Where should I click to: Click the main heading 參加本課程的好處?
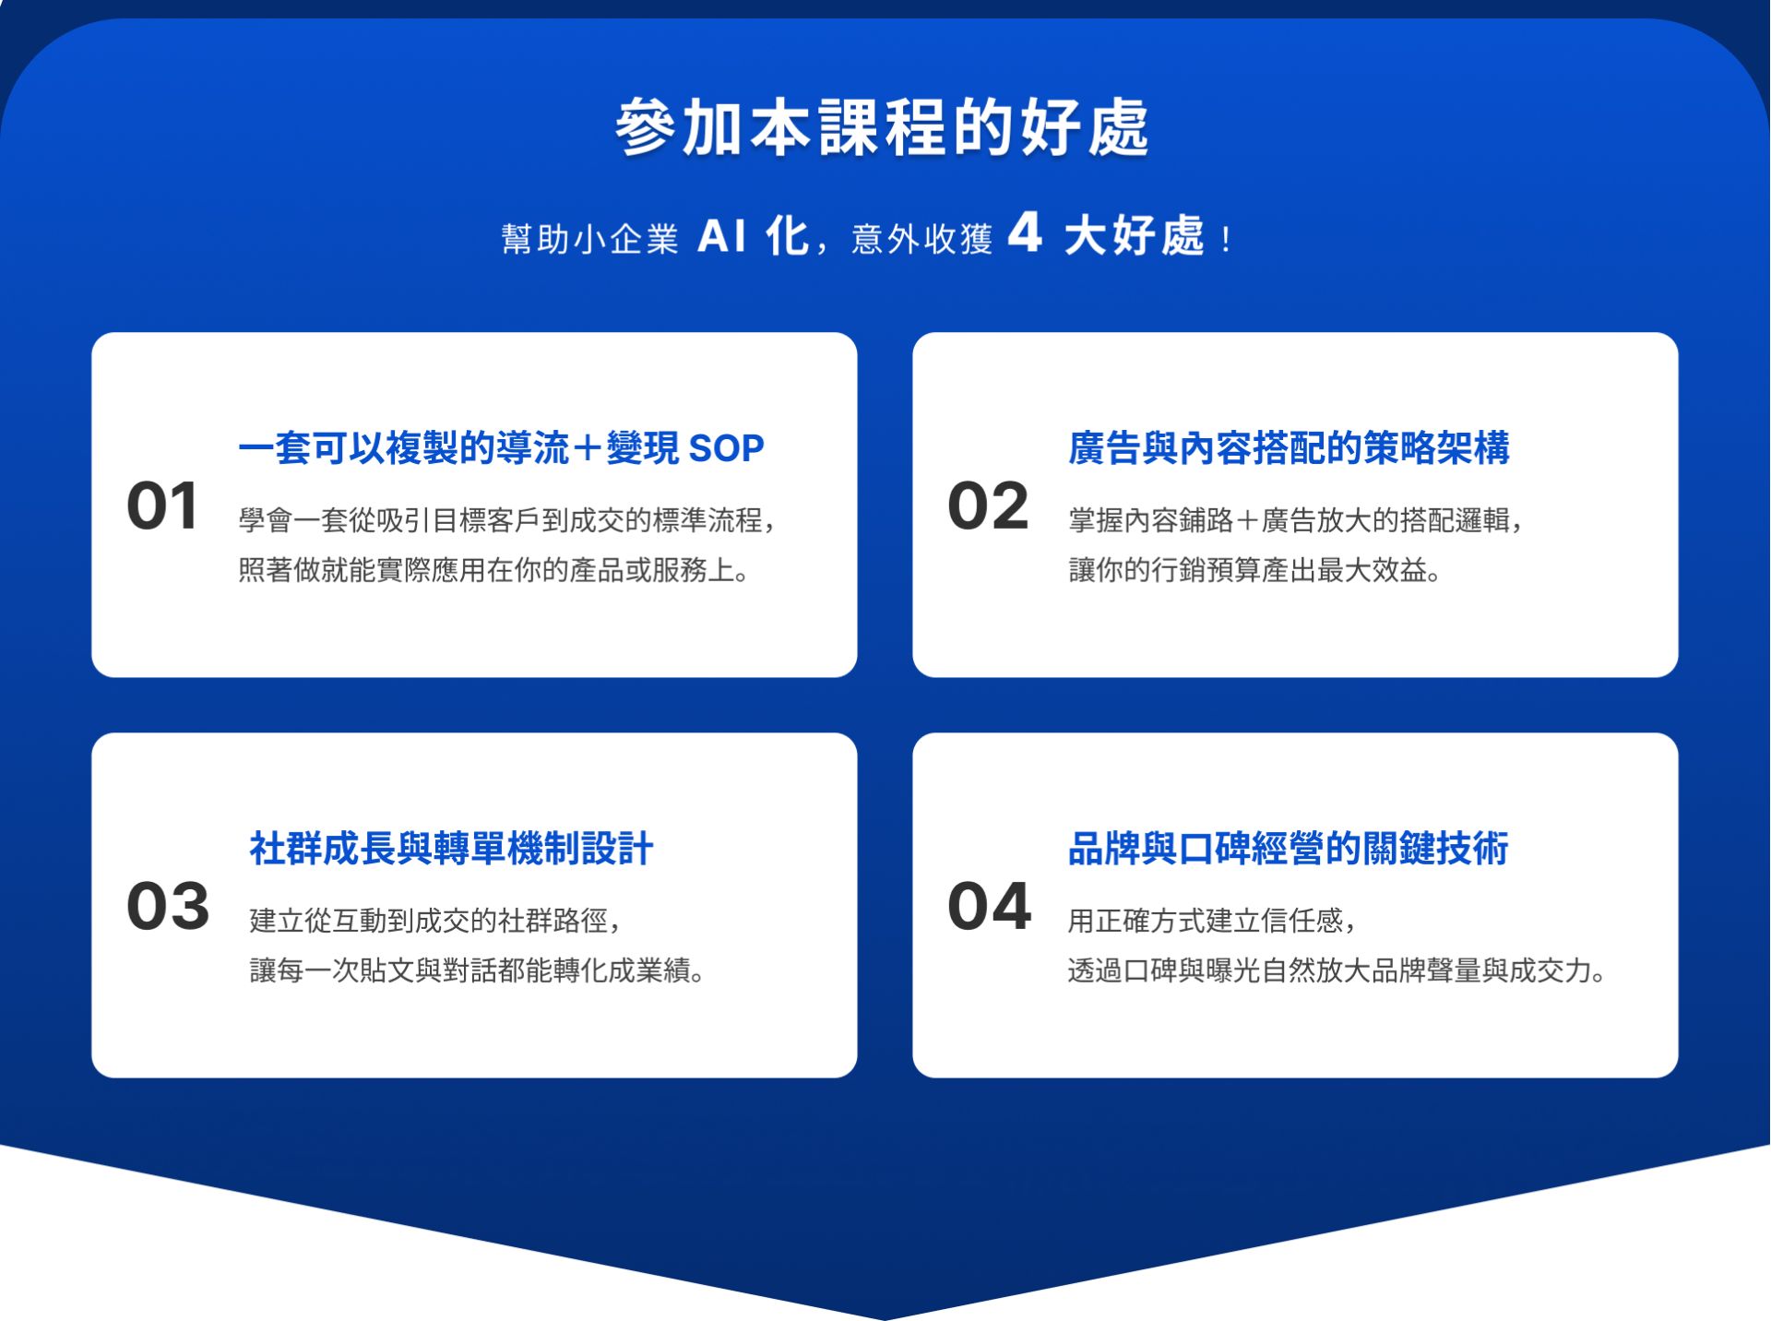click(x=882, y=127)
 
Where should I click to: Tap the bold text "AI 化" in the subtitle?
click(x=753, y=236)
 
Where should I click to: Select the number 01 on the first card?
click(x=162, y=506)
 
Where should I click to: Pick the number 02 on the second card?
click(x=988, y=506)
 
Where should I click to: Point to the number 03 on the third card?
click(x=168, y=906)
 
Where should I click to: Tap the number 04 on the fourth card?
click(x=989, y=906)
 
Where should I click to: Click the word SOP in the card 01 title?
click(x=726, y=448)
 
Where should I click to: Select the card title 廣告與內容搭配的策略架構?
click(x=1289, y=448)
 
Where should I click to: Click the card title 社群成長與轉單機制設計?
click(x=451, y=849)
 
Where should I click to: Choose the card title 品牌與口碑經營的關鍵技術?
click(x=1288, y=849)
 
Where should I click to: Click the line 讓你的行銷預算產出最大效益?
click(x=1254, y=570)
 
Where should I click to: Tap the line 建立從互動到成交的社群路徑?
click(x=434, y=920)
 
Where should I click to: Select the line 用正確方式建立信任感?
click(x=1211, y=920)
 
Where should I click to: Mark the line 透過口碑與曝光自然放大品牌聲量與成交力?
click(x=1337, y=970)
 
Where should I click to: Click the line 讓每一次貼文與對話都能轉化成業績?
click(x=478, y=970)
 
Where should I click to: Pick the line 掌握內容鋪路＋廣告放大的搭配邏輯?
click(x=1295, y=520)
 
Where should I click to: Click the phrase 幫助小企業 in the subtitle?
click(x=589, y=239)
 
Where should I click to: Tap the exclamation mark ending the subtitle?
click(x=1225, y=241)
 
